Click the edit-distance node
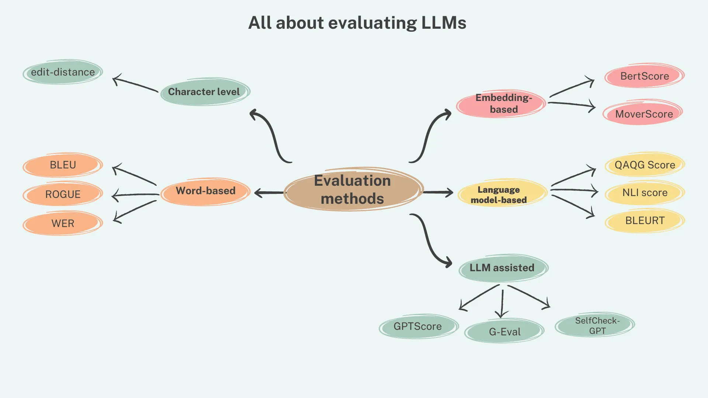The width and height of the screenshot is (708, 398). [63, 72]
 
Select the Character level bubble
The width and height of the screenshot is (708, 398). [205, 92]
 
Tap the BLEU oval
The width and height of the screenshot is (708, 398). [63, 165]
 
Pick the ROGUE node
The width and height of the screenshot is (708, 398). [63, 194]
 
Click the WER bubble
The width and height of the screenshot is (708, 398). [63, 223]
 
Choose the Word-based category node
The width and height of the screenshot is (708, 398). [205, 191]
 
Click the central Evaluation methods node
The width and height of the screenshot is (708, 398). [353, 189]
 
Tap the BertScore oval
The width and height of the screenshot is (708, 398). [644, 76]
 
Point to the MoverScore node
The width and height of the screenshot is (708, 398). [643, 114]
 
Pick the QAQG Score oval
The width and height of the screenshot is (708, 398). [645, 165]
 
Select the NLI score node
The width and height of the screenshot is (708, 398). [645, 192]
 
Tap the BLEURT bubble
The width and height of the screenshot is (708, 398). [645, 220]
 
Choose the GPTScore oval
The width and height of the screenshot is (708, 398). [418, 326]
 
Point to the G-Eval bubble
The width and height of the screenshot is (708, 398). [504, 332]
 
